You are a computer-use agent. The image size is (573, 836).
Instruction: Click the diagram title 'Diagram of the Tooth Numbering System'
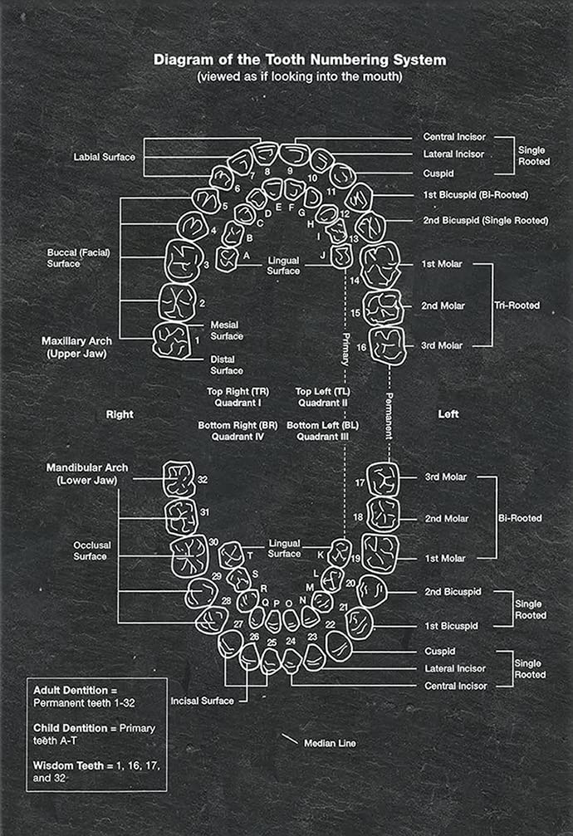(x=300, y=60)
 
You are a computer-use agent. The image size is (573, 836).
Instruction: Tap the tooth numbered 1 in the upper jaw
(x=173, y=340)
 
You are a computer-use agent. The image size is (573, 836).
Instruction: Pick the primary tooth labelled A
(x=227, y=258)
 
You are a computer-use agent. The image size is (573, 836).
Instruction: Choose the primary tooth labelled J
(x=341, y=257)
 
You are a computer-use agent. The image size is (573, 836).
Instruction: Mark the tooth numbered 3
(x=181, y=262)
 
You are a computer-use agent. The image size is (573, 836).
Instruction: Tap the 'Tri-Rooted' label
(x=516, y=306)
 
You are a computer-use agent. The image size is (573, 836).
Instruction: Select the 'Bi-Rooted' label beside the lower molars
(x=519, y=518)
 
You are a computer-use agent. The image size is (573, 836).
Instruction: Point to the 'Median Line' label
(x=330, y=743)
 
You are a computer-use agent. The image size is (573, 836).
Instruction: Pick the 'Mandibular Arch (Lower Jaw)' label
(x=81, y=474)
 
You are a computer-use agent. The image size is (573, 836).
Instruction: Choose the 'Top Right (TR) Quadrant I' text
(x=236, y=397)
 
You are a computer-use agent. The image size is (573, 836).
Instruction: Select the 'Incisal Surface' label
(x=202, y=701)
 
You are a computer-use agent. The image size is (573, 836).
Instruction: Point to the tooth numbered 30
(x=190, y=555)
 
